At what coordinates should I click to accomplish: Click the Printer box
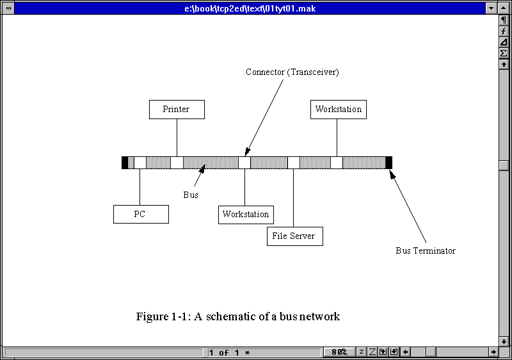177,110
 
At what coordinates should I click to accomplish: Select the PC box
141,214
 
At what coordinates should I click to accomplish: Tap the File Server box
294,236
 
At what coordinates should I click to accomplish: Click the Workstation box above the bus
338,110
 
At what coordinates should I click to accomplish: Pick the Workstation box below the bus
246,214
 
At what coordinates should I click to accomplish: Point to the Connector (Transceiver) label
292,72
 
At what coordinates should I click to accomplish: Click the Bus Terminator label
425,250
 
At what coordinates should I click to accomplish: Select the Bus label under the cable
191,195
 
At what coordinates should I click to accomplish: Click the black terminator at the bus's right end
388,163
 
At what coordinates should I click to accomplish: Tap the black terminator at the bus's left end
125,163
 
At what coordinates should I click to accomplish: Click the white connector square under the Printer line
177,163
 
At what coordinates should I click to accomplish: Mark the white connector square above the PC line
140,163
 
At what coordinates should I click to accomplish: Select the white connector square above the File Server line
293,163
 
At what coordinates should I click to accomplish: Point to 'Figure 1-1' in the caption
163,316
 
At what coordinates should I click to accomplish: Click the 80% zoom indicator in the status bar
339,352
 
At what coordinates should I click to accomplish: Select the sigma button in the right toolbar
504,53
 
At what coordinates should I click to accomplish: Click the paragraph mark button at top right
504,20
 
